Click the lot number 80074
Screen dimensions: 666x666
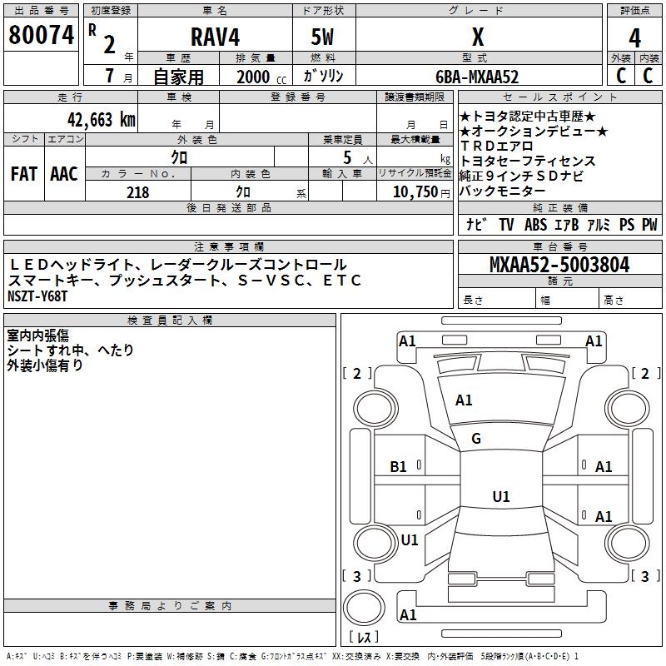[41, 35]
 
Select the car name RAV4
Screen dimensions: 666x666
[215, 37]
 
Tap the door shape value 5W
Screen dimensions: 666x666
[322, 37]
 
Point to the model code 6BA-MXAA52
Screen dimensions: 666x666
[477, 77]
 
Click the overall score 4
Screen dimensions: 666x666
[634, 37]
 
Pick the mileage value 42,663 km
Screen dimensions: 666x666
[101, 120]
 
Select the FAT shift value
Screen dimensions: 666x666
[24, 174]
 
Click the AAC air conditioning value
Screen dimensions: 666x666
[64, 174]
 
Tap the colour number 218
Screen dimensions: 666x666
[137, 192]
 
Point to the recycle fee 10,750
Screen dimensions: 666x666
[415, 192]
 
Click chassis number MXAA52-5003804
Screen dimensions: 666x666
[559, 265]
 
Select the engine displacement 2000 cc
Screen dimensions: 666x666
[261, 77]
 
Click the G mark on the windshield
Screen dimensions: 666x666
[476, 439]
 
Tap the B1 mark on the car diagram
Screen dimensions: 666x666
[398, 467]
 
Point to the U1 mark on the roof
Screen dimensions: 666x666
[501, 496]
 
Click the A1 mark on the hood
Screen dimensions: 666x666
[464, 400]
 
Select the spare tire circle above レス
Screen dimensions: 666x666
[364, 608]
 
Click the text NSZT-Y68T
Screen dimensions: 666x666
[37, 296]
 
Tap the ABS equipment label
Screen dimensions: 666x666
[535, 225]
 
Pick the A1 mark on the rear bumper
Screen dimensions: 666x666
[408, 614]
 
